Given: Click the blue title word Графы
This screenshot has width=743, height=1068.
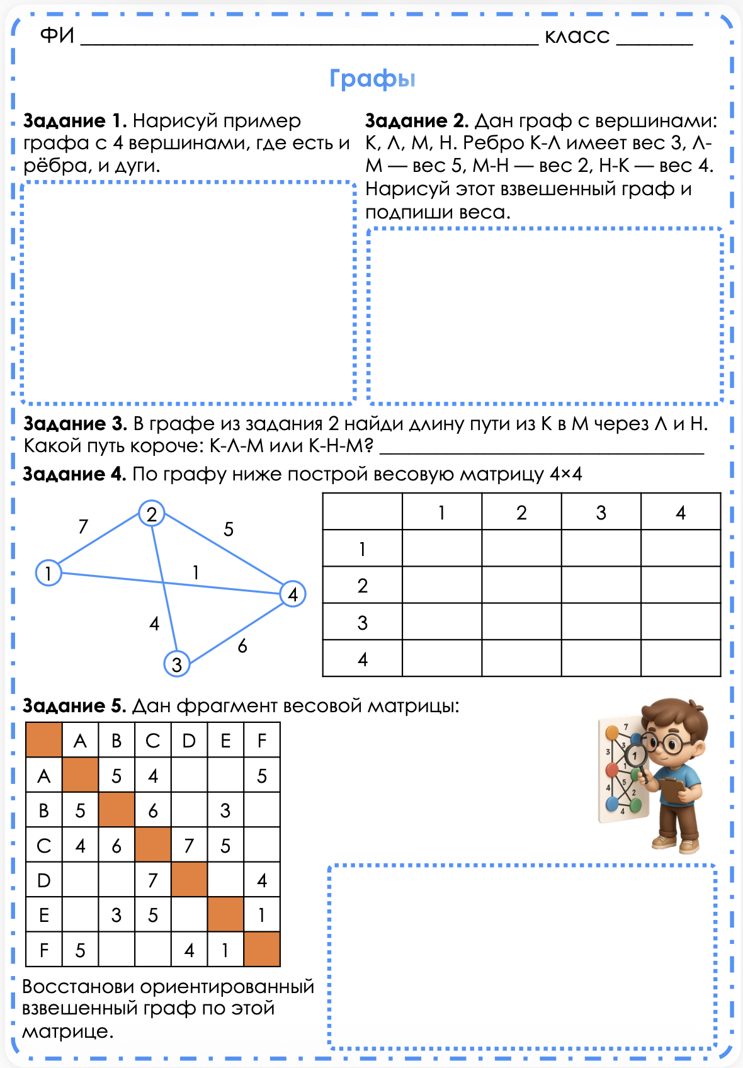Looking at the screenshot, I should pyautogui.click(x=372, y=79).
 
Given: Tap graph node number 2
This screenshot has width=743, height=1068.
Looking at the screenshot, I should pyautogui.click(x=151, y=514).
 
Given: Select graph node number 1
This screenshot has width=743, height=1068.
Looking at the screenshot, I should pyautogui.click(x=48, y=573).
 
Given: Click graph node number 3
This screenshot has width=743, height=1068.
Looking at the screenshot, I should pyautogui.click(x=177, y=664).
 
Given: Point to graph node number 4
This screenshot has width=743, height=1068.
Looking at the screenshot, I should pyautogui.click(x=293, y=594).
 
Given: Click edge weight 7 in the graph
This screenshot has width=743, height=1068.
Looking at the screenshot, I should pyautogui.click(x=83, y=526).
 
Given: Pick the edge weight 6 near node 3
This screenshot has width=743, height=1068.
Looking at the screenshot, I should pyautogui.click(x=242, y=646).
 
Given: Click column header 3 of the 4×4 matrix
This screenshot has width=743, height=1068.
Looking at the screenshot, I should pyautogui.click(x=601, y=513).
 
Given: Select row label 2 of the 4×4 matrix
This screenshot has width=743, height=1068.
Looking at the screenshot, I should pyautogui.click(x=362, y=586).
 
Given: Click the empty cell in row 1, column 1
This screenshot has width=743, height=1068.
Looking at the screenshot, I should pyautogui.click(x=442, y=548).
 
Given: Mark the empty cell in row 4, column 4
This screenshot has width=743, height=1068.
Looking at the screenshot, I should pyautogui.click(x=681, y=659).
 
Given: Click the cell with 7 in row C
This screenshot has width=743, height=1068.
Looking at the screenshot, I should pyautogui.click(x=189, y=845).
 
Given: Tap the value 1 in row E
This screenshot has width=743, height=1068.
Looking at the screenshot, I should pyautogui.click(x=262, y=915).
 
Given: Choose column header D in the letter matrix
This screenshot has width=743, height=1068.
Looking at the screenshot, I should pyautogui.click(x=189, y=741).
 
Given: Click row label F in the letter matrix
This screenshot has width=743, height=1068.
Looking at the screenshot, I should pyautogui.click(x=44, y=950).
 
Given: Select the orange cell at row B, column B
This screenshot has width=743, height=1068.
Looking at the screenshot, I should pyautogui.click(x=116, y=810).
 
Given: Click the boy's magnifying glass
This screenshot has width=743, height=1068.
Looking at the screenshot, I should pyautogui.click(x=635, y=756).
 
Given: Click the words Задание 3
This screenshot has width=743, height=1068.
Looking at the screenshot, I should pyautogui.click(x=75, y=424).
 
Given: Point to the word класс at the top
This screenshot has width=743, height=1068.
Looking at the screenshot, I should pyautogui.click(x=577, y=37).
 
